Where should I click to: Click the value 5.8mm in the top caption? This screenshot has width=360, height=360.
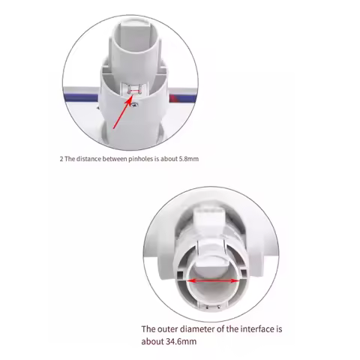189,159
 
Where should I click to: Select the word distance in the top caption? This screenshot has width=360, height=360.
88,159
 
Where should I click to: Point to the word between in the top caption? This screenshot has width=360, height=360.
115,159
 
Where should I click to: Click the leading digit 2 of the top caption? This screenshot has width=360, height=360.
61,159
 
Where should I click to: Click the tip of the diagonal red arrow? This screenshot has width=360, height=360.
131,96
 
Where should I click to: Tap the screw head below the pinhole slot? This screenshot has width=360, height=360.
135,104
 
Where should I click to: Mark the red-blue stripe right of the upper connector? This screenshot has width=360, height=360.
182,98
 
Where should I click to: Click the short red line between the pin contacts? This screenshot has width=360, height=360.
135,91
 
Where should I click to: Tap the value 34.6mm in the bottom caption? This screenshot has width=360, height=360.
181,341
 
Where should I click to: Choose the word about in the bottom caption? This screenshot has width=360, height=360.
152,341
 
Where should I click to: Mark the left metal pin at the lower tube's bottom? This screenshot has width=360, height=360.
208,307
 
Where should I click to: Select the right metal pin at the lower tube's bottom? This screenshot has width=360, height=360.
219,307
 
